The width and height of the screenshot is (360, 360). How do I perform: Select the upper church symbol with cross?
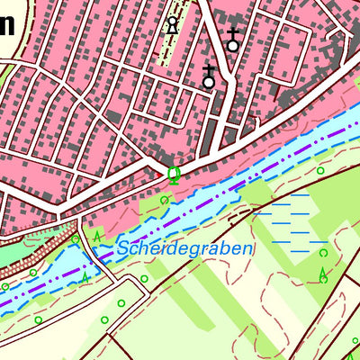[232, 40]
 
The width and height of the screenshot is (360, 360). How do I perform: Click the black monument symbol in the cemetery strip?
[172, 25]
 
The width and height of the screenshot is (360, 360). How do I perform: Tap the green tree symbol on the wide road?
[174, 174]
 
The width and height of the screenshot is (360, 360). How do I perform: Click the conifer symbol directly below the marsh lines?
[323, 274]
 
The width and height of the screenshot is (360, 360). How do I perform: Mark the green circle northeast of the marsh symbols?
[319, 170]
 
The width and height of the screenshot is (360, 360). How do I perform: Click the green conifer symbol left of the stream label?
[97, 236]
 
